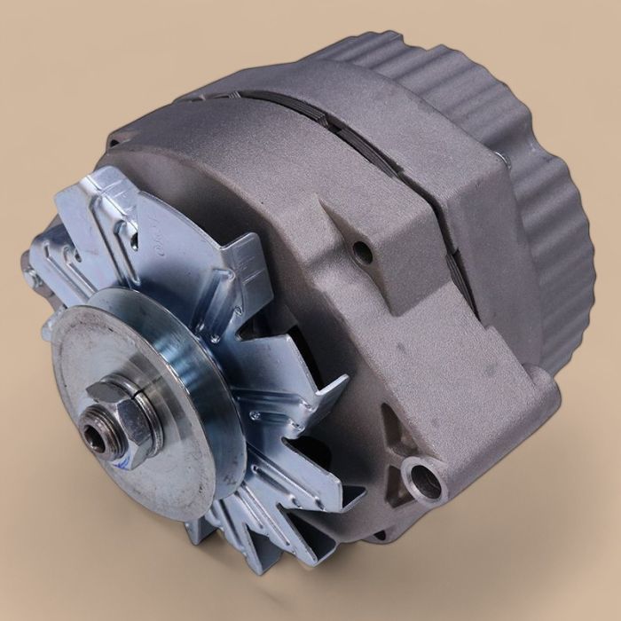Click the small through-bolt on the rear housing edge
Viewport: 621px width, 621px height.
tap(501, 160)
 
